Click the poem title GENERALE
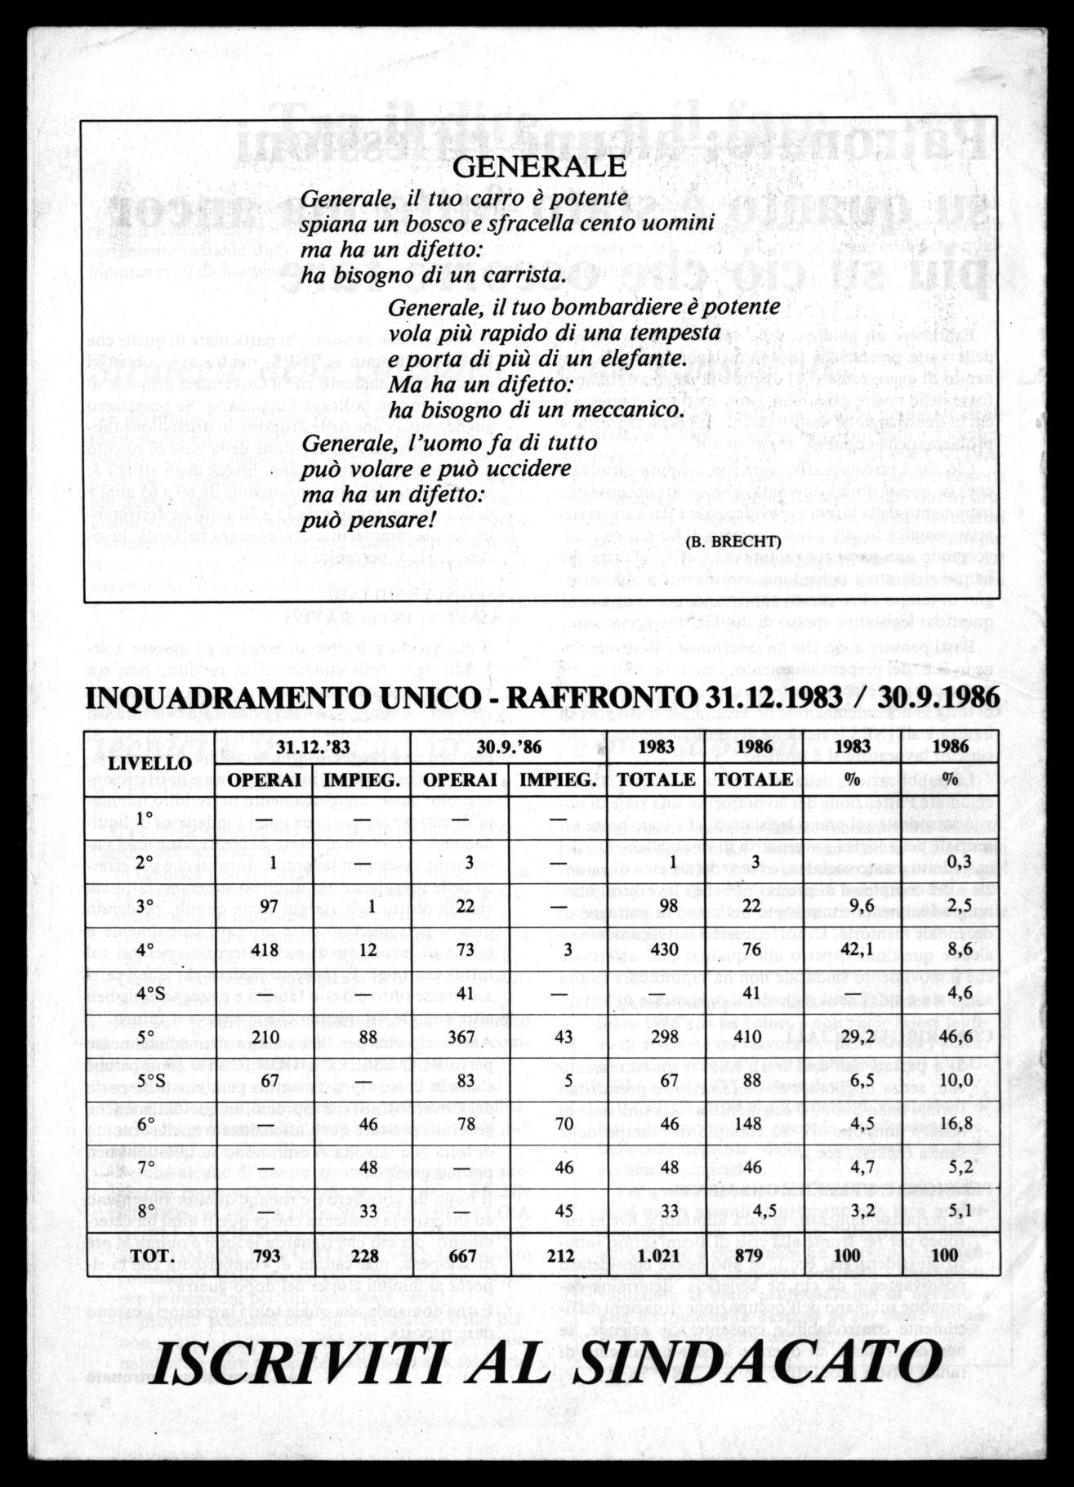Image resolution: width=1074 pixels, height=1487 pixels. [538, 167]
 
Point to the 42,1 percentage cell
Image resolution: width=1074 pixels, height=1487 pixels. [853, 949]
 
